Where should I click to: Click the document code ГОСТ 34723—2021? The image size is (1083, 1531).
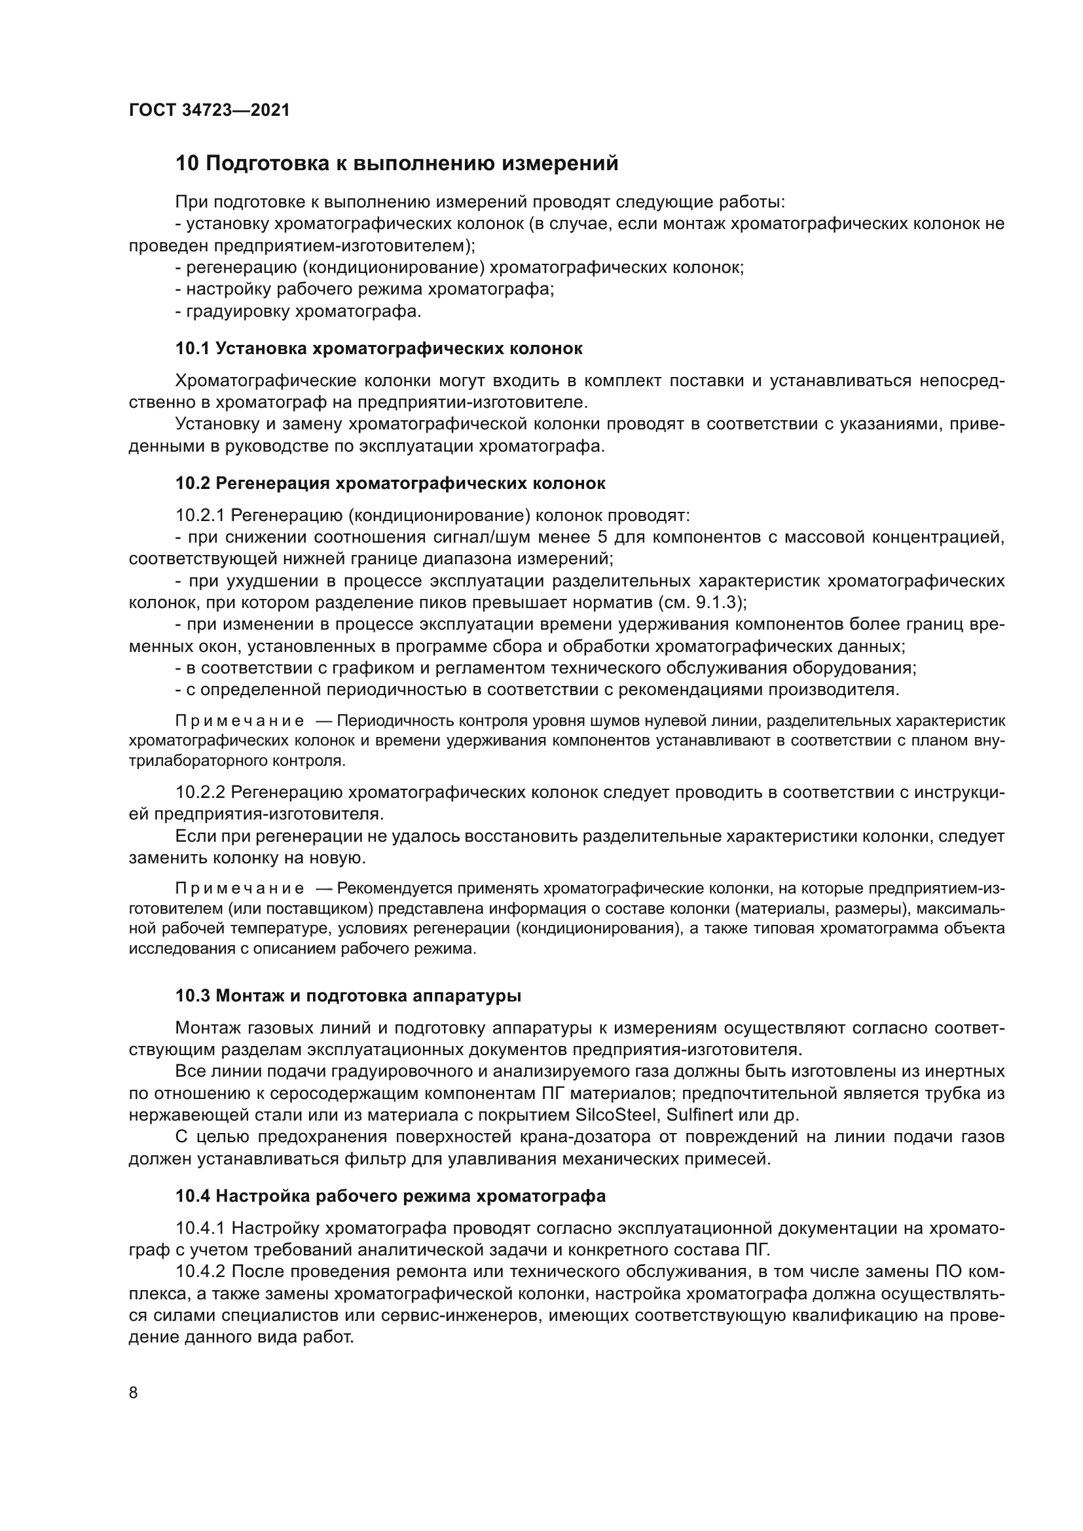point(210,110)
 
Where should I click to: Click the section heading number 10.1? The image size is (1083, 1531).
point(193,349)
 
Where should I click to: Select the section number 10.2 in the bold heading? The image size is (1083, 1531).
point(193,484)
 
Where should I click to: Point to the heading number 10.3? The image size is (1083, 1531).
point(193,996)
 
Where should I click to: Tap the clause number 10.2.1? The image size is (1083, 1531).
point(200,516)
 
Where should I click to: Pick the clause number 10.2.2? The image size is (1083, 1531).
point(200,793)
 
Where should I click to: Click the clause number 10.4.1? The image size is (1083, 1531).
point(200,1228)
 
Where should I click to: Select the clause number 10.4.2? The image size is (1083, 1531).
point(200,1272)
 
